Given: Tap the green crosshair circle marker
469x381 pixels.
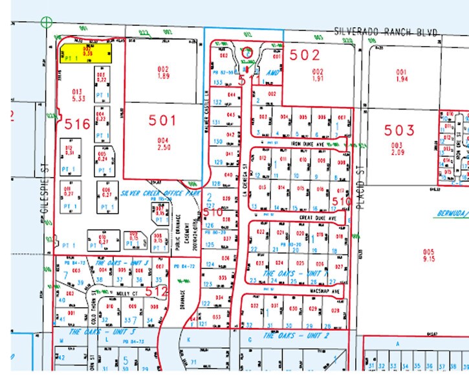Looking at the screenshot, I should point(46,23).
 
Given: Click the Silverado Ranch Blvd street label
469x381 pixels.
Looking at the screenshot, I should point(386,32).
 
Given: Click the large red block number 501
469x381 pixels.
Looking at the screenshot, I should point(162,120).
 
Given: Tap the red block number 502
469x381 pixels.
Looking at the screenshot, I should point(304,55).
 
